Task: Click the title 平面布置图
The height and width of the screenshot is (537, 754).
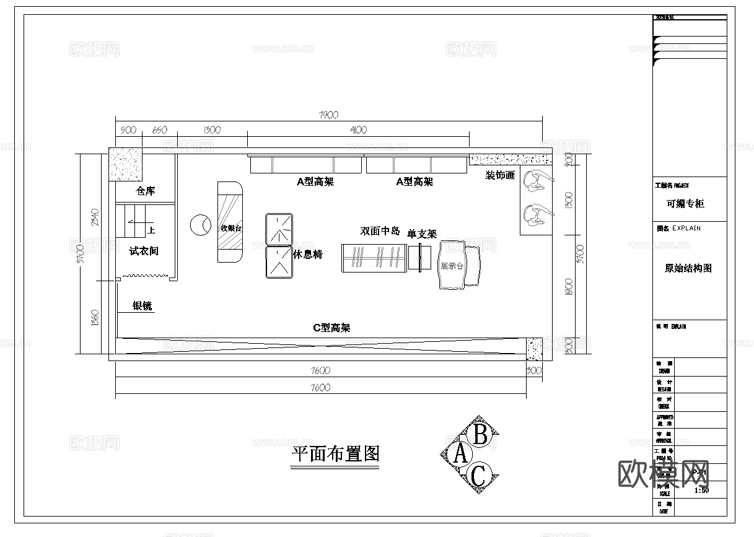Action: coord(335,455)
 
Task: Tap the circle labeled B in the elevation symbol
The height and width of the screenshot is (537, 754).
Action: coord(480,434)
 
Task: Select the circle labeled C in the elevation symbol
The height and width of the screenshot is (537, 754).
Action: coord(478,476)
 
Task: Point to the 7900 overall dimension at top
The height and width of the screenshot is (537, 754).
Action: coord(328,115)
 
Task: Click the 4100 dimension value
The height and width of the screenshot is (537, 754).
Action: coord(358,130)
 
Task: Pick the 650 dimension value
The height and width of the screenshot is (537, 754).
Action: coord(159,130)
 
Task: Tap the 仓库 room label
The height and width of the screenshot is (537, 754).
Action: coord(146,191)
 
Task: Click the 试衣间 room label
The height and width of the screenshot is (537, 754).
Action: coord(144,251)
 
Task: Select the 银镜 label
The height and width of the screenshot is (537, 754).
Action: coord(142,306)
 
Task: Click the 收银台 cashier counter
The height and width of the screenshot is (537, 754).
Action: coord(231,228)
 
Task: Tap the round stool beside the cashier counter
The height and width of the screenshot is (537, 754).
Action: coord(200,225)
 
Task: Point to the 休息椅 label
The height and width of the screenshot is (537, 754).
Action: coord(308,254)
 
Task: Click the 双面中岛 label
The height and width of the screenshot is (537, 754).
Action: coord(380,231)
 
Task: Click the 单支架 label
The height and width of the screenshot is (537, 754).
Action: coord(422,234)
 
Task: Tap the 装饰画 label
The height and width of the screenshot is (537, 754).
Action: coord(499,175)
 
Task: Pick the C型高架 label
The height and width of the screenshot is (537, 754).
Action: coord(331,328)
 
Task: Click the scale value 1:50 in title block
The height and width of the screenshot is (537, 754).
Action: coord(702,490)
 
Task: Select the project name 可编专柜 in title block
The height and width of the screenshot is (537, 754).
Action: coord(685,204)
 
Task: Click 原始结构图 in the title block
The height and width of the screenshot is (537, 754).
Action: coord(688,268)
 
